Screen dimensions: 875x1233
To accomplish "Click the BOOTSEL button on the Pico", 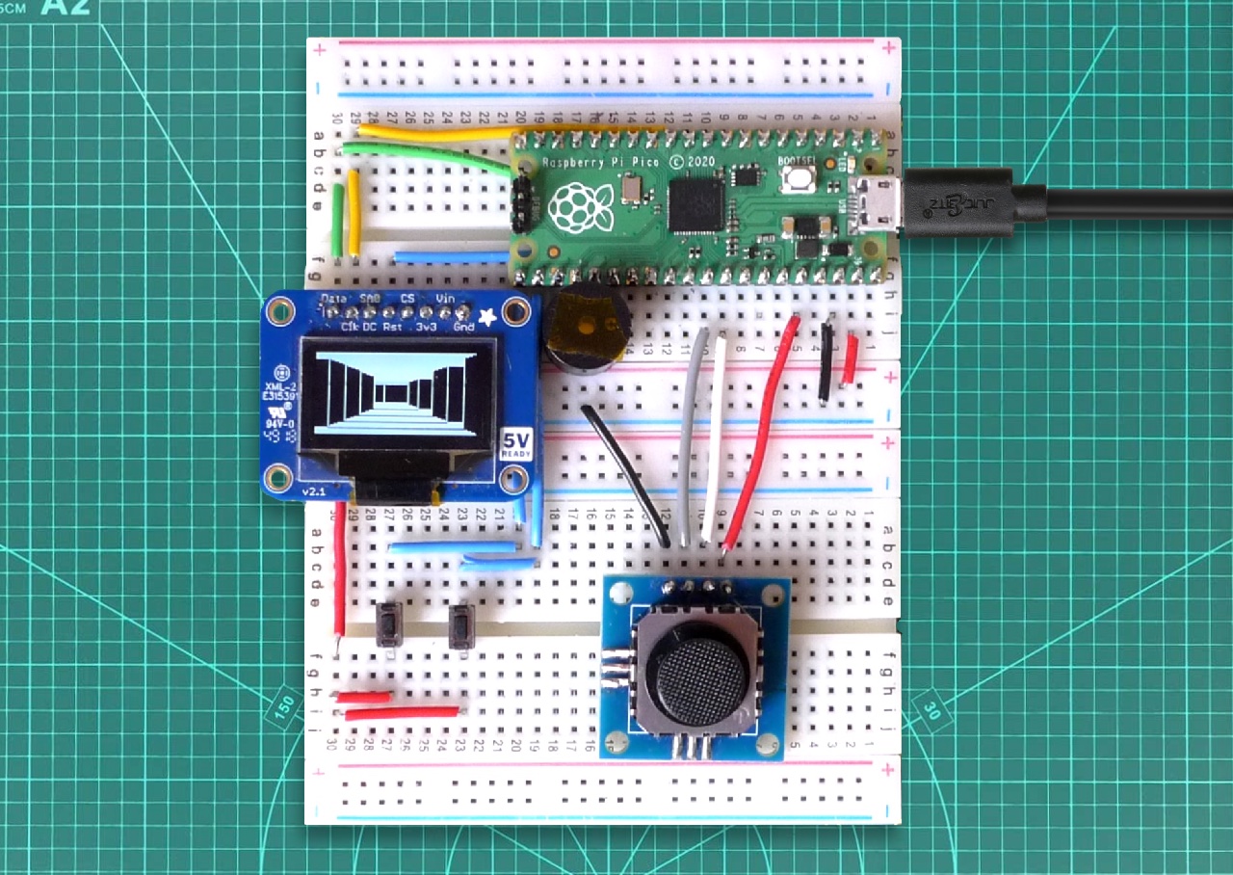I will point(798,178).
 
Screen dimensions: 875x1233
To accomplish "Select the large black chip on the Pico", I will point(695,204).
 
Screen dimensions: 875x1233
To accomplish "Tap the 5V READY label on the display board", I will point(515,443).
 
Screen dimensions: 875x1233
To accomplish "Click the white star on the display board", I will point(487,316).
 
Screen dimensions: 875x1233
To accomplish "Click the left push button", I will point(388,624).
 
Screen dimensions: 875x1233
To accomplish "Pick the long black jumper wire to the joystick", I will point(626,472).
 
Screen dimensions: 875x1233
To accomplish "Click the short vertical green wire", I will point(337,220).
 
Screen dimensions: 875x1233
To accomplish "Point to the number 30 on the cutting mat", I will point(931,710).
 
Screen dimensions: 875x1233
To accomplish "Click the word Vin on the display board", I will point(445,299).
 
